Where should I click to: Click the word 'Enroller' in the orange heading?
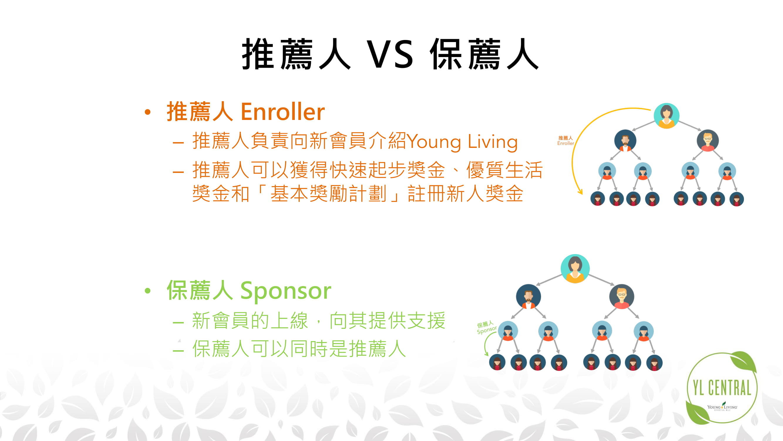(x=283, y=112)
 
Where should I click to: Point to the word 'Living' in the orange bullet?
(x=493, y=142)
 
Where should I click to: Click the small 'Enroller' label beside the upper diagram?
(x=566, y=143)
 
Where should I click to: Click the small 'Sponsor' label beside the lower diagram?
(x=487, y=330)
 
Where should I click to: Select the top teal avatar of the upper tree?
(x=666, y=116)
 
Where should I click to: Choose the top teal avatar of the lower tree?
(x=575, y=269)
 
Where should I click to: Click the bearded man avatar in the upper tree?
(x=625, y=141)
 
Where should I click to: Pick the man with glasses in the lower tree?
(x=622, y=297)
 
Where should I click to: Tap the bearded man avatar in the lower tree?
(x=528, y=297)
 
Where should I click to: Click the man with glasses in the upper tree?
(x=708, y=141)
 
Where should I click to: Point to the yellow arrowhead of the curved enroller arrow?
(x=580, y=192)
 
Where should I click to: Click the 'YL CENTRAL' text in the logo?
(x=722, y=388)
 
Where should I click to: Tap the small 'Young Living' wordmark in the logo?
(x=722, y=407)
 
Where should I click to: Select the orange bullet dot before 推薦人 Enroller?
(x=148, y=112)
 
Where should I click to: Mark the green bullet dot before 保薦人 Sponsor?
(x=148, y=291)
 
